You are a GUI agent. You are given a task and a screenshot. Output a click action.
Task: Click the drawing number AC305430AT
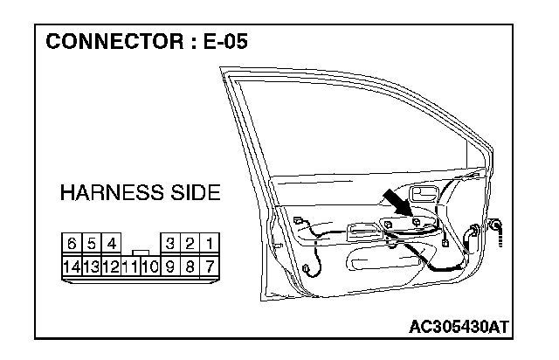(459, 326)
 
